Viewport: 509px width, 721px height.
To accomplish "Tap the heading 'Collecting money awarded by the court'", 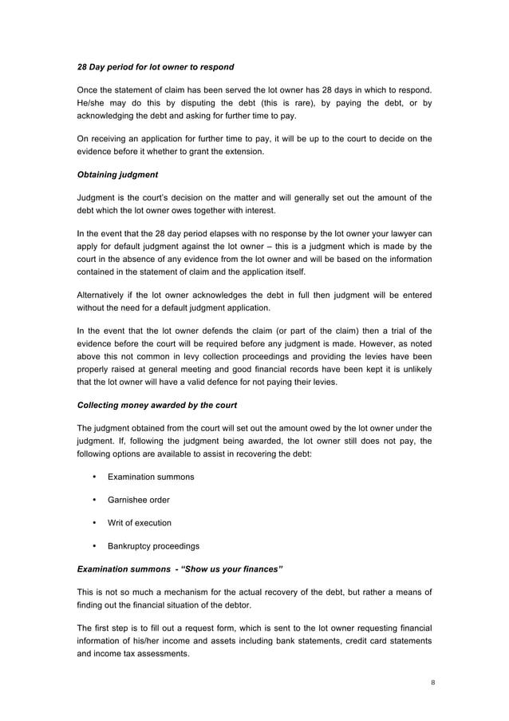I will click(156, 405).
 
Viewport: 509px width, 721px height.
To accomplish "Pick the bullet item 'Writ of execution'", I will click(140, 523).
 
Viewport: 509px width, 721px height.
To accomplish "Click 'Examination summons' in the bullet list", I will click(151, 477).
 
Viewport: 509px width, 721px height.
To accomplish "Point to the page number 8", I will click(431, 683).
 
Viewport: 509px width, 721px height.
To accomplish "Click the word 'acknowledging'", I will click(112, 115).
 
